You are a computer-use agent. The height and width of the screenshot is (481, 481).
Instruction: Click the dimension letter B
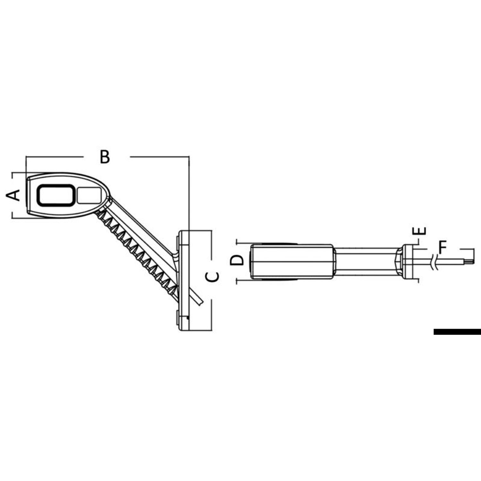pos(105,157)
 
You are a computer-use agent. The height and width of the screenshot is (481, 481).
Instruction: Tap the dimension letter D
pos(237,260)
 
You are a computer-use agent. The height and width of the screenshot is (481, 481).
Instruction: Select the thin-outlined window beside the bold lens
pos(89,195)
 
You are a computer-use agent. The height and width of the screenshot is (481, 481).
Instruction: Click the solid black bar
pos(457,332)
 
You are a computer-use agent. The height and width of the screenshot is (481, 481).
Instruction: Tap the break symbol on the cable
pos(435,261)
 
